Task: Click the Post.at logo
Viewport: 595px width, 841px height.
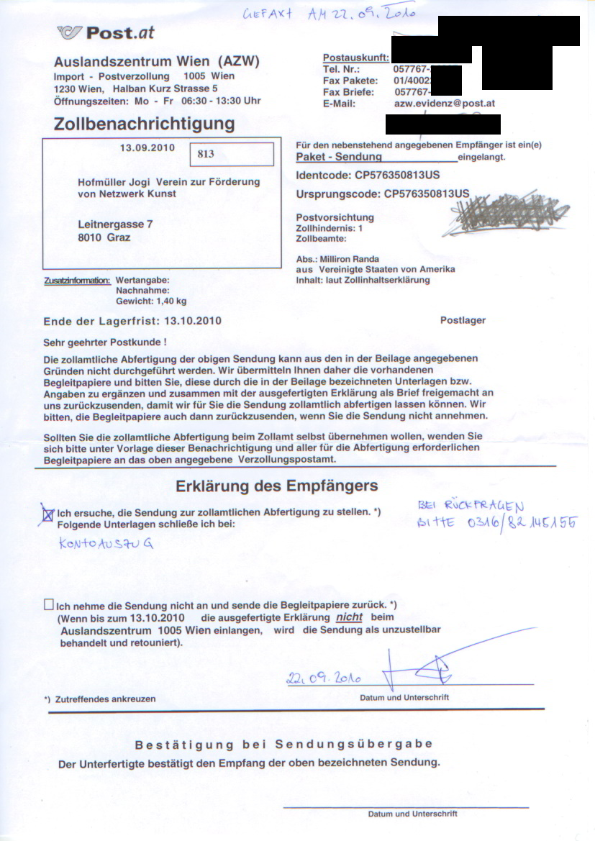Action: click(106, 32)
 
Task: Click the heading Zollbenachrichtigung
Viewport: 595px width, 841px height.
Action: click(144, 124)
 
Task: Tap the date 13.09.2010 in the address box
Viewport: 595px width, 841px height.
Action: click(147, 148)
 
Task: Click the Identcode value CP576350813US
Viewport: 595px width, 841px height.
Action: click(397, 175)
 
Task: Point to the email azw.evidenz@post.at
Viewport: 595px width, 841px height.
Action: click(445, 104)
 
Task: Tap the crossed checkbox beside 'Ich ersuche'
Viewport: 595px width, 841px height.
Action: click(48, 514)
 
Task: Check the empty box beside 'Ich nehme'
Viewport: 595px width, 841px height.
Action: click(48, 605)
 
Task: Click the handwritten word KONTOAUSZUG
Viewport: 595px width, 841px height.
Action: click(106, 544)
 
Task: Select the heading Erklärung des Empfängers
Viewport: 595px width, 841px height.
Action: click(276, 486)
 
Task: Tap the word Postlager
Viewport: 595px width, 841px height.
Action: click(463, 321)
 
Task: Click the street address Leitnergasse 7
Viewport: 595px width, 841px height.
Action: click(115, 224)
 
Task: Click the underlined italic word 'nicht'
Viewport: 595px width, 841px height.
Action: click(349, 617)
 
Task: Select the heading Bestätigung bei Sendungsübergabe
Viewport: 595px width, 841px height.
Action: click(283, 744)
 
